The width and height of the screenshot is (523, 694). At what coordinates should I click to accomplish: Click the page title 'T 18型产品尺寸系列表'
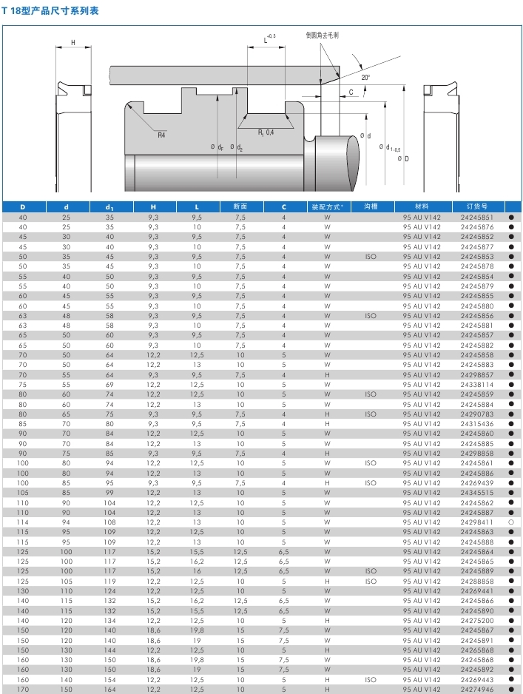pyautogui.click(x=50, y=11)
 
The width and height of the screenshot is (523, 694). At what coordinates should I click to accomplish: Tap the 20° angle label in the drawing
pyautogui.click(x=365, y=77)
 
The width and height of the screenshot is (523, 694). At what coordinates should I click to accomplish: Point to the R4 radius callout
pyautogui.click(x=161, y=134)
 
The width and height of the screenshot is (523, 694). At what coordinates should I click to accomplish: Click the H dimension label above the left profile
pyautogui.click(x=73, y=42)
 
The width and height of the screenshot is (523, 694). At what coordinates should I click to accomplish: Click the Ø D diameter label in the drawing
pyautogui.click(x=404, y=158)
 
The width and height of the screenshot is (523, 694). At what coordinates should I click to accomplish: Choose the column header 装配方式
pyautogui.click(x=326, y=206)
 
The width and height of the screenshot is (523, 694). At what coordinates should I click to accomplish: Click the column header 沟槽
pyautogui.click(x=371, y=206)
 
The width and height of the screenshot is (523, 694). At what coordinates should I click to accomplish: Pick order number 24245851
pyautogui.click(x=476, y=218)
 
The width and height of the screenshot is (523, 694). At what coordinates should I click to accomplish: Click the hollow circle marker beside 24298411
pyautogui.click(x=510, y=522)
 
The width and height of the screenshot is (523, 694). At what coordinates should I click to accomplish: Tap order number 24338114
pyautogui.click(x=476, y=385)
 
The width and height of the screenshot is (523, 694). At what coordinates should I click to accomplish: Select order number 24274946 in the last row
pyautogui.click(x=476, y=689)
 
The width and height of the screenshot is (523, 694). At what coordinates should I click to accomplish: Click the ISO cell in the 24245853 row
pyautogui.click(x=371, y=257)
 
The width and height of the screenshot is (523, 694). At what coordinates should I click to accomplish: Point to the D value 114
pyautogui.click(x=22, y=522)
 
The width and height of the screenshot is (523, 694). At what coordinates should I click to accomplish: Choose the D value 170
pyautogui.click(x=22, y=689)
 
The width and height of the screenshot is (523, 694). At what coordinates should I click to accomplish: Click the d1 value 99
pyautogui.click(x=110, y=493)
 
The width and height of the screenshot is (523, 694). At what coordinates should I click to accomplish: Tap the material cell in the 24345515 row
pyautogui.click(x=422, y=493)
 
